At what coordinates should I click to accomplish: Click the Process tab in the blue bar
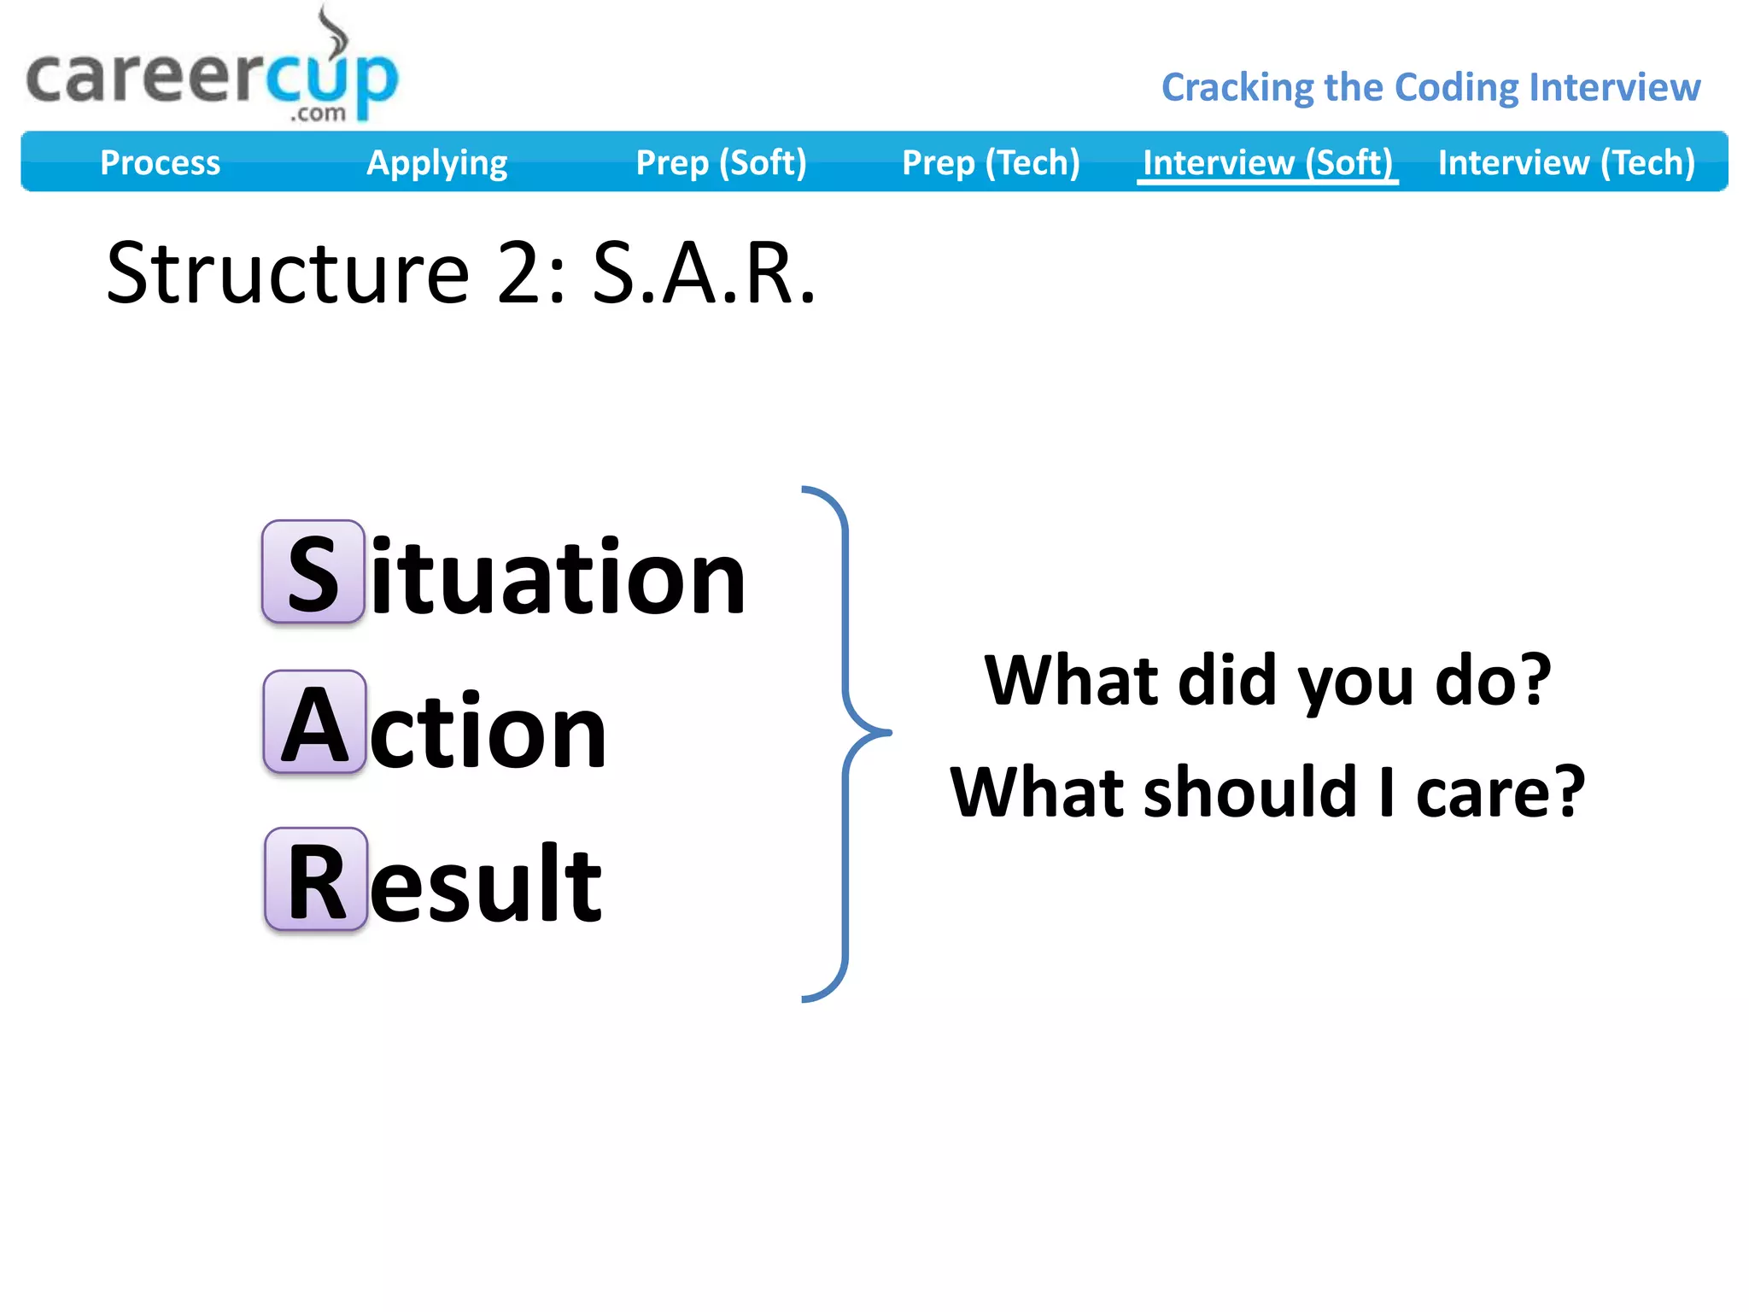pos(160,162)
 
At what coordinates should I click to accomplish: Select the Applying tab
pos(436,162)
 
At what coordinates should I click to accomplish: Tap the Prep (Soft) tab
pos(721,162)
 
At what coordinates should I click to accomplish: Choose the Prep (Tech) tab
pos(991,162)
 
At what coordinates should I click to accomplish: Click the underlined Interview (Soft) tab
pos(1267,162)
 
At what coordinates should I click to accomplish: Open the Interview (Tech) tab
pos(1566,162)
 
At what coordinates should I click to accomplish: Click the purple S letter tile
pos(313,571)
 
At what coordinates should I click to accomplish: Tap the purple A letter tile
pos(314,723)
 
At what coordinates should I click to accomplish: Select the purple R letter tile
pos(316,879)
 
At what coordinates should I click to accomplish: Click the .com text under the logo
pos(318,113)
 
